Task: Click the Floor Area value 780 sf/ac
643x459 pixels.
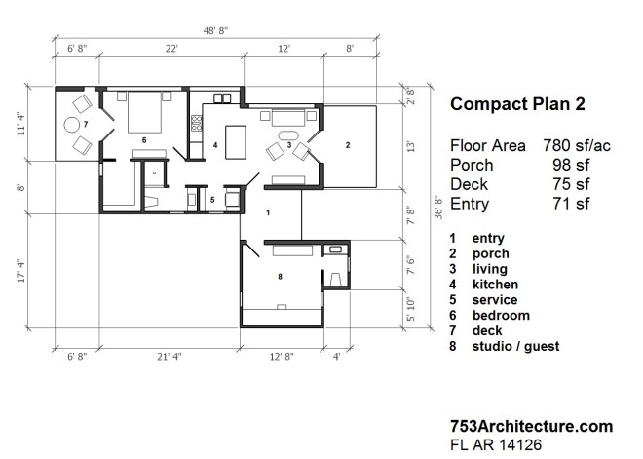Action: point(576,145)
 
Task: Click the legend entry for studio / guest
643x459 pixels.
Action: point(515,346)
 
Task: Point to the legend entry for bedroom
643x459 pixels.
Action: point(501,315)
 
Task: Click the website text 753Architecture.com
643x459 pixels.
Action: point(531,426)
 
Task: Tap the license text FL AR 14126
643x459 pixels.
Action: point(495,444)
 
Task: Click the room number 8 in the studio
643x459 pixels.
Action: point(281,278)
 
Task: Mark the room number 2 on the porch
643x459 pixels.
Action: point(347,144)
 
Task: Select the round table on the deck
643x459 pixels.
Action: point(71,124)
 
